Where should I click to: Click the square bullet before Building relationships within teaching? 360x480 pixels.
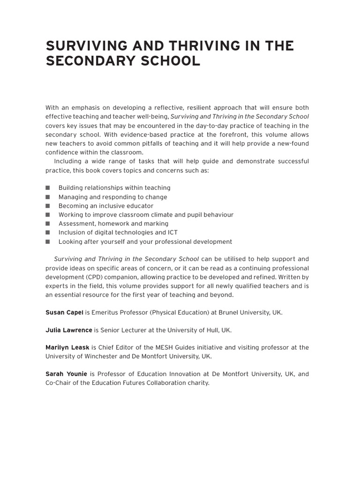click(x=47, y=188)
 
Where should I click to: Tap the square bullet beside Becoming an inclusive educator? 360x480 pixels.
click(x=47, y=206)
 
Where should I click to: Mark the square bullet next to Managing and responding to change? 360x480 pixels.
click(x=47, y=197)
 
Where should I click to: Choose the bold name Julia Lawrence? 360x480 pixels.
click(x=68, y=330)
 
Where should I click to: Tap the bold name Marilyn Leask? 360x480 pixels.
click(x=67, y=347)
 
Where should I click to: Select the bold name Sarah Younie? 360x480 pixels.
click(x=67, y=374)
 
